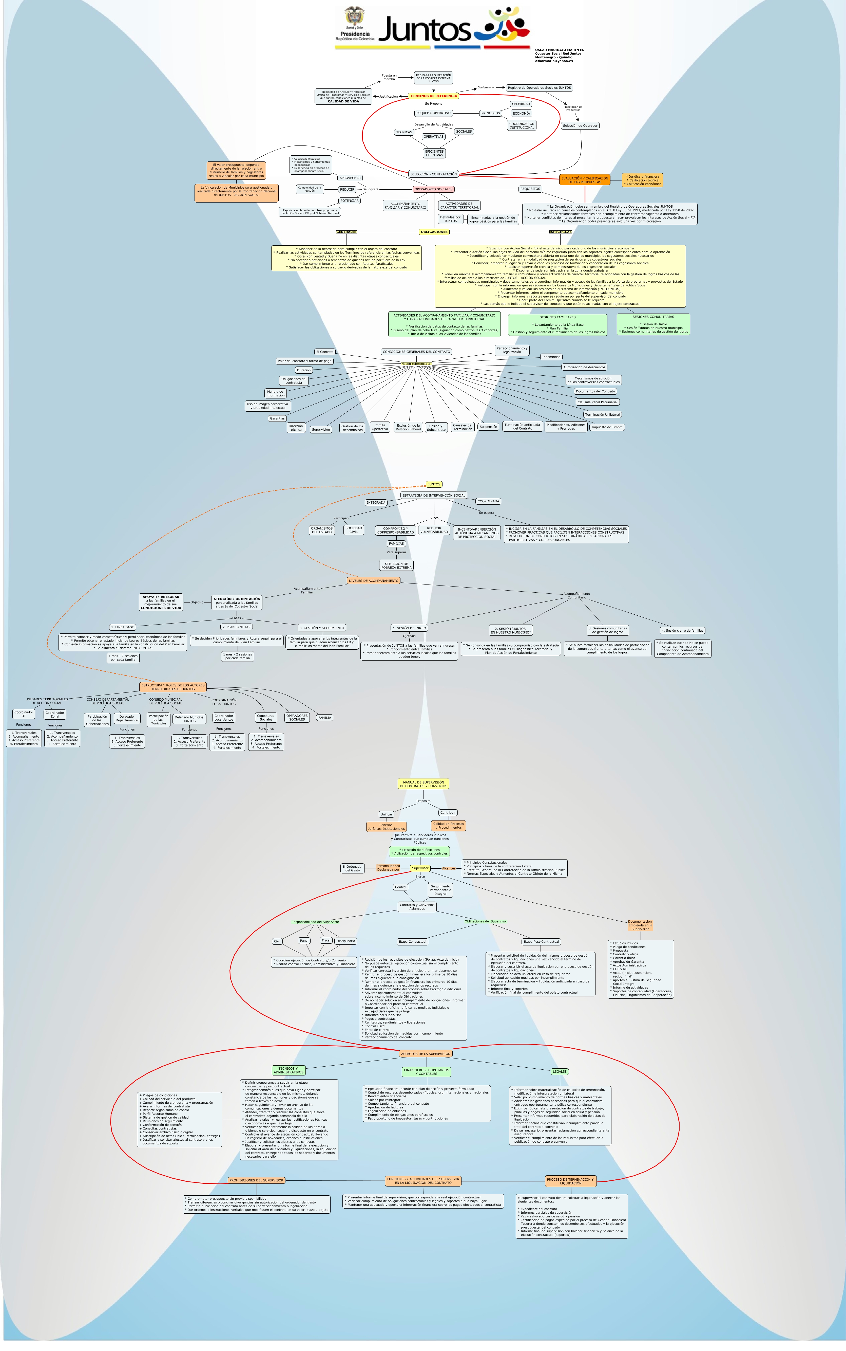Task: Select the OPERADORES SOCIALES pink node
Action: (433, 189)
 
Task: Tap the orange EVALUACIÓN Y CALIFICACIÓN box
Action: (585, 180)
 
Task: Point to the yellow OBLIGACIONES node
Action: (434, 232)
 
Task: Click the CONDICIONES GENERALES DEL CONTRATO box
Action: (416, 352)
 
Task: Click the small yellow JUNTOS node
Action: (434, 484)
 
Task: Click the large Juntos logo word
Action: (425, 29)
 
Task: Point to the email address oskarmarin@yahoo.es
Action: (553, 61)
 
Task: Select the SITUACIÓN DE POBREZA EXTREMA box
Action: (396, 565)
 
